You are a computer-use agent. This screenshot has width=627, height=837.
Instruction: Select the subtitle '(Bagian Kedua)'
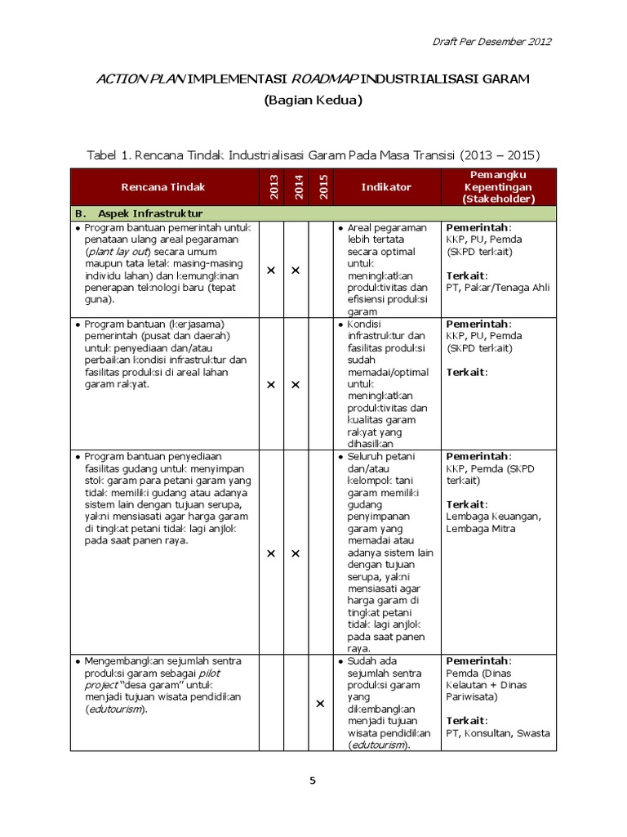(313, 101)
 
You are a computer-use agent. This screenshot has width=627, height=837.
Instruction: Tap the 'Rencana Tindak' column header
(163, 187)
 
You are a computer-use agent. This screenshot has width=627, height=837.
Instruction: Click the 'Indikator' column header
(386, 187)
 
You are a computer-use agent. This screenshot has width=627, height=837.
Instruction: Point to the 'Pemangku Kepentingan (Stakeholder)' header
(498, 187)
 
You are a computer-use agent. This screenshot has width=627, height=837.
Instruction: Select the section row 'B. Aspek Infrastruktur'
(139, 213)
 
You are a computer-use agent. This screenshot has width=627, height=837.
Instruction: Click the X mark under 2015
(320, 704)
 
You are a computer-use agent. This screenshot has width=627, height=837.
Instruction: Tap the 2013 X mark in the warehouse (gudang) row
(271, 554)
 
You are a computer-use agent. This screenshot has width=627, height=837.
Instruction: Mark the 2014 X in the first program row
(296, 270)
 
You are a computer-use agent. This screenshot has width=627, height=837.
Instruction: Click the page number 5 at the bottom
(312, 781)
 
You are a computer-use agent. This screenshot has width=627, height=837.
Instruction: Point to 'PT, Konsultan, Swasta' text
(498, 733)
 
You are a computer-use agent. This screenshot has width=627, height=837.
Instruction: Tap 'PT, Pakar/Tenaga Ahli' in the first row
(498, 287)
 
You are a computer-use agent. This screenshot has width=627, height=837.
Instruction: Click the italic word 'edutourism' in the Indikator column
(378, 745)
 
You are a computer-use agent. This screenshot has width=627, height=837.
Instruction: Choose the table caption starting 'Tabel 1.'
(313, 154)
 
